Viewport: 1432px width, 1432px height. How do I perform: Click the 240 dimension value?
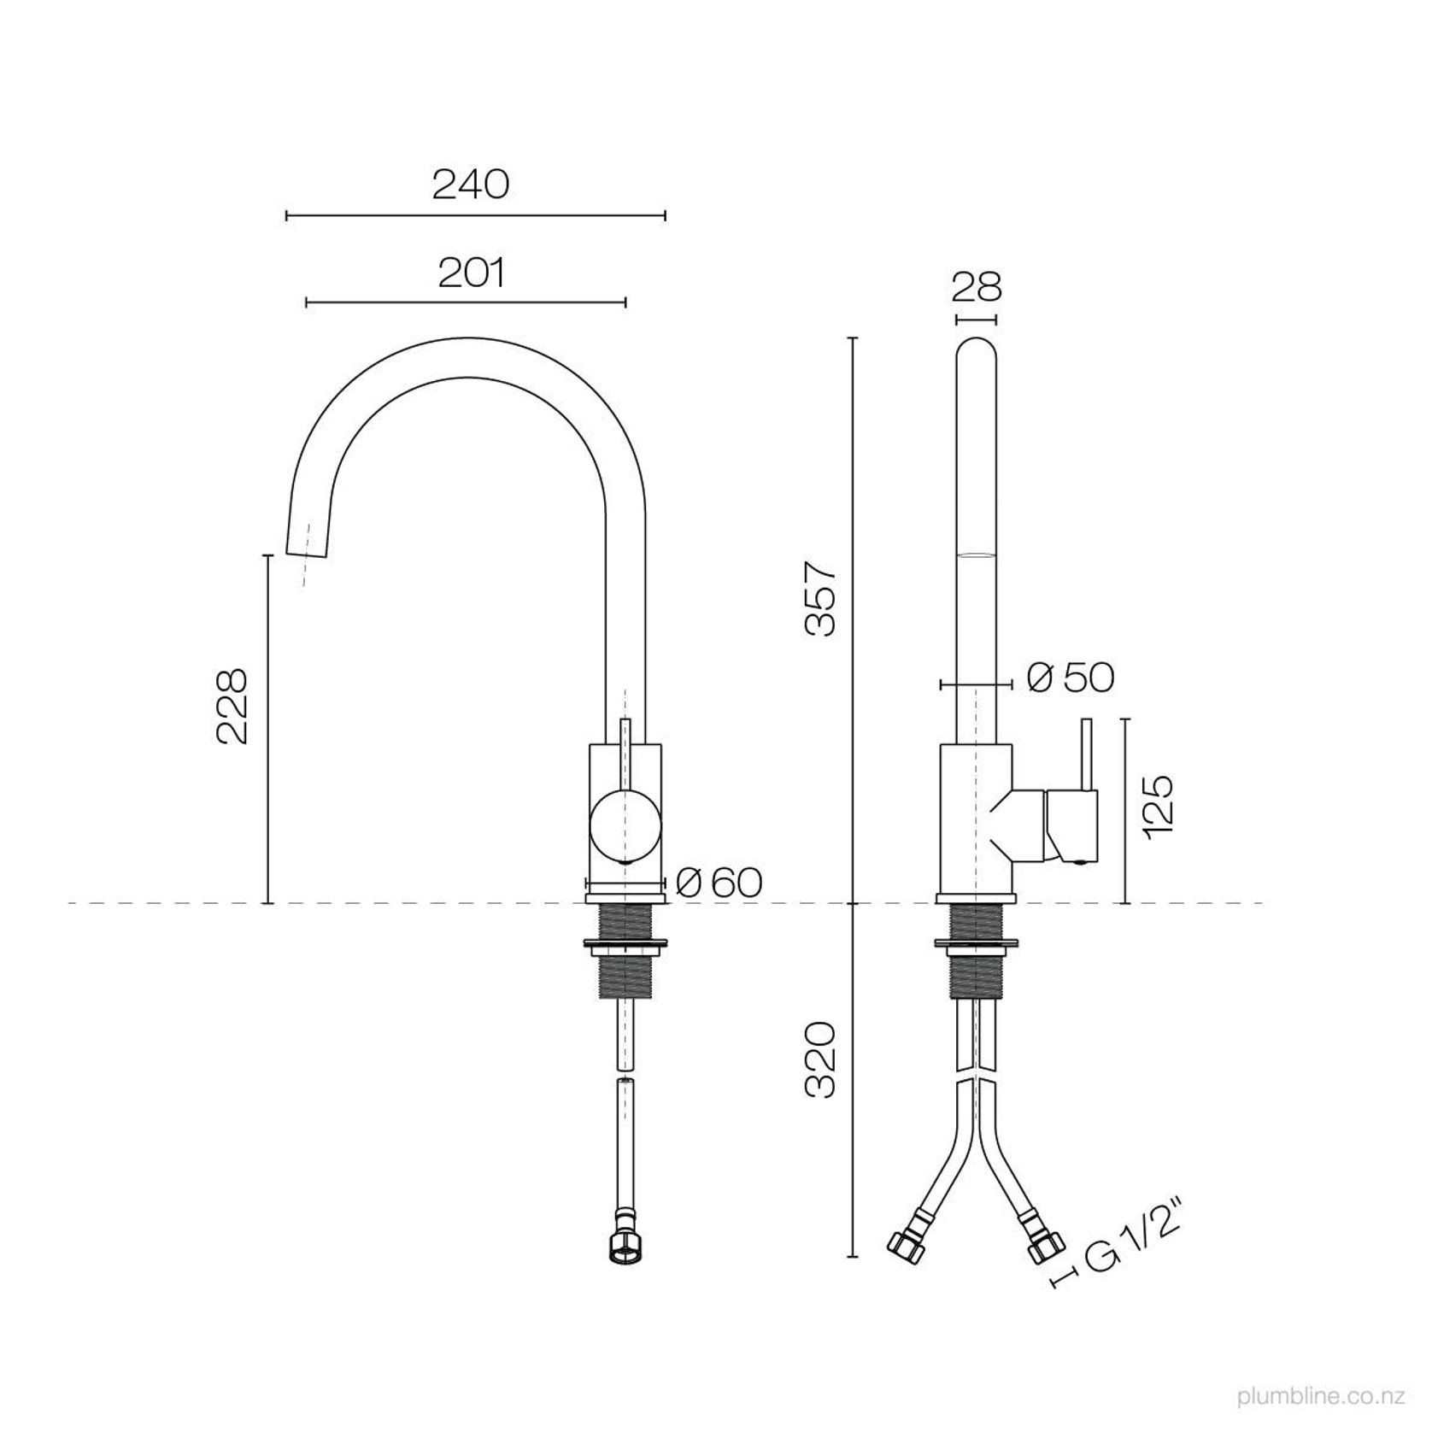click(x=471, y=184)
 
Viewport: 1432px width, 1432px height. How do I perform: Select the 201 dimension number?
click(x=472, y=273)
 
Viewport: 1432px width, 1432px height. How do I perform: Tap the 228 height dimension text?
click(x=232, y=706)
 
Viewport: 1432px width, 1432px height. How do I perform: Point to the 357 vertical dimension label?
click(x=823, y=598)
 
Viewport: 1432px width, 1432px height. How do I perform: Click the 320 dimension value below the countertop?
click(x=821, y=1059)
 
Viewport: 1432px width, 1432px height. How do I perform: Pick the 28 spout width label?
click(x=977, y=287)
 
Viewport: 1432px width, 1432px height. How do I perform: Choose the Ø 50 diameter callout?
click(x=1071, y=678)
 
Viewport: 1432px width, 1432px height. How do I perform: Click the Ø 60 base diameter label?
click(x=719, y=882)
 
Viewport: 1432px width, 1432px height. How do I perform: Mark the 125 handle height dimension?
click(x=1160, y=808)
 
